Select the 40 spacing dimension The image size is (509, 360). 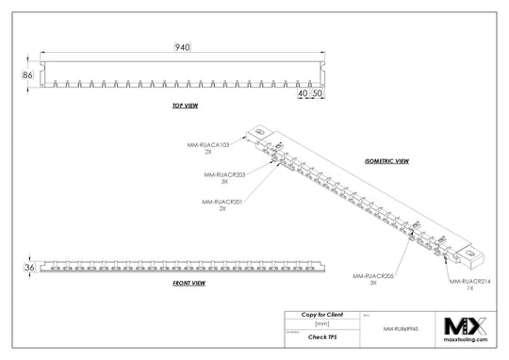(302, 94)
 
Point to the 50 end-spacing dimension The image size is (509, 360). (318, 94)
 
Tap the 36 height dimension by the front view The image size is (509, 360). (28, 269)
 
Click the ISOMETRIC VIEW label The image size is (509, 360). (386, 161)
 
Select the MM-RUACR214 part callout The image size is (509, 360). (468, 283)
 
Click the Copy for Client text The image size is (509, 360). (321, 313)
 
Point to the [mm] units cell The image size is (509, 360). (321, 322)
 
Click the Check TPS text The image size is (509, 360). (321, 335)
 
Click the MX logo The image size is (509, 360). (465, 327)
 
